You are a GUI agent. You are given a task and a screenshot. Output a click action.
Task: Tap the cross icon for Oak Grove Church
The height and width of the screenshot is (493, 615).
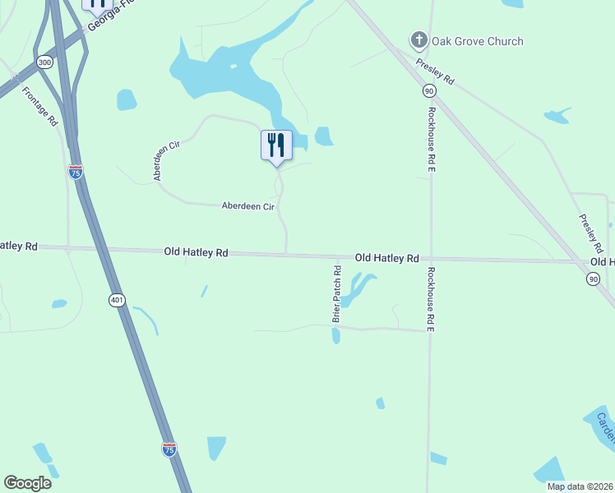click(x=418, y=39)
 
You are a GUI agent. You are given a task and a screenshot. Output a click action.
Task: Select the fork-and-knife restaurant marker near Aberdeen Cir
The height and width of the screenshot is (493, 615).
click(x=276, y=145)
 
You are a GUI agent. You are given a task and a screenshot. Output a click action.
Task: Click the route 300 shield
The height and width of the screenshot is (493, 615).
click(x=44, y=62)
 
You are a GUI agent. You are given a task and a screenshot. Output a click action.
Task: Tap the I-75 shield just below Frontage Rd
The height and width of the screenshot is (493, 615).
click(x=75, y=172)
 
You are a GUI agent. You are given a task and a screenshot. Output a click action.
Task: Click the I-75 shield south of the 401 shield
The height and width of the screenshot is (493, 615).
click(x=169, y=449)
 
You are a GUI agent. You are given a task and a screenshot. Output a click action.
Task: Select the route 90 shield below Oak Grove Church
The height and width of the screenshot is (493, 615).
click(x=429, y=90)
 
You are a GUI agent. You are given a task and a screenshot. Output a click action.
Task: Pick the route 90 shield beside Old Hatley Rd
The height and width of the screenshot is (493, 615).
click(x=593, y=279)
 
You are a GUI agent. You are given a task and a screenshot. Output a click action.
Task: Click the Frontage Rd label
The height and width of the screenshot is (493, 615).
click(x=39, y=106)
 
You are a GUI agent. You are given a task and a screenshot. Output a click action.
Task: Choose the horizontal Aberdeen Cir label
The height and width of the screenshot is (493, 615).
click(x=247, y=207)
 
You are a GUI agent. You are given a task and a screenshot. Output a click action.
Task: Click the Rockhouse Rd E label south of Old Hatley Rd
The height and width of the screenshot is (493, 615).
click(x=429, y=301)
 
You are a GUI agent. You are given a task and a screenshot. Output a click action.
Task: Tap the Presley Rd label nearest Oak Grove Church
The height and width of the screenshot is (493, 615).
click(x=435, y=72)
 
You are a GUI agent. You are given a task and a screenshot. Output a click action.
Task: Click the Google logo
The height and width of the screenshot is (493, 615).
click(x=27, y=483)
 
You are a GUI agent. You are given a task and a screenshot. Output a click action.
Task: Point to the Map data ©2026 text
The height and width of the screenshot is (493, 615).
click(x=580, y=486)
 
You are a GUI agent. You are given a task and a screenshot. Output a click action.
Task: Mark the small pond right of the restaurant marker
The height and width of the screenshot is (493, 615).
click(x=324, y=136)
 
